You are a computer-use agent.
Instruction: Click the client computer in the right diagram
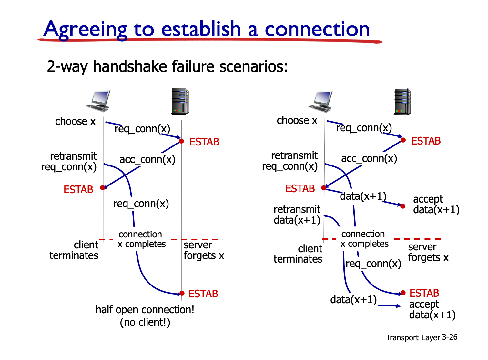tap(320, 101)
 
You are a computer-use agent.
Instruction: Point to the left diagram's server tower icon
tap(180, 101)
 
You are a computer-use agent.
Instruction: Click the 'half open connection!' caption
tap(145, 309)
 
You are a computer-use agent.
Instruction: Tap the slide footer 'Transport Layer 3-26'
tap(422, 337)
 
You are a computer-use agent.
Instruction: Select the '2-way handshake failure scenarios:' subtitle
tap(167, 66)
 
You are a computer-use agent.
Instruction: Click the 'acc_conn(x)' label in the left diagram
tap(147, 159)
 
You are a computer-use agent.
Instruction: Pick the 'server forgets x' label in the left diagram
tap(204, 250)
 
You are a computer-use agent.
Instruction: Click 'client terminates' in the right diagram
tap(298, 254)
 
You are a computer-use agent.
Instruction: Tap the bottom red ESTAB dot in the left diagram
tap(182, 293)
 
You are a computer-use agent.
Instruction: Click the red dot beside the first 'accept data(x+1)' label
tap(403, 206)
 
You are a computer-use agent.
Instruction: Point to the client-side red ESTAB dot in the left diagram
tap(103, 188)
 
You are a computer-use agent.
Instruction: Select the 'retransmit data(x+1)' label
tap(297, 215)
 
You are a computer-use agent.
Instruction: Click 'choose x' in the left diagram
tap(75, 121)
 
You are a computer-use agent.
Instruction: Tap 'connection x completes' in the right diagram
tap(364, 239)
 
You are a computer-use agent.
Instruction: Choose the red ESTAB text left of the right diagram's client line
tap(300, 188)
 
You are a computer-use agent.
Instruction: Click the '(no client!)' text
tap(145, 322)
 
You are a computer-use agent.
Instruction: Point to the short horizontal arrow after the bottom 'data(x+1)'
tap(389, 306)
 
